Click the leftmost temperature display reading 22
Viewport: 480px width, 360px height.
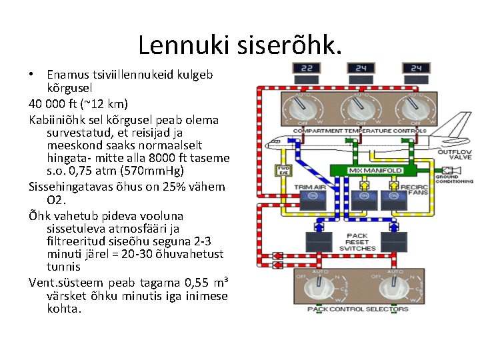click(x=307, y=69)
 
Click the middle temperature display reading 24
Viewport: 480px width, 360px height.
click(x=361, y=69)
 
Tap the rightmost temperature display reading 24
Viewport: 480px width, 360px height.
click(x=416, y=69)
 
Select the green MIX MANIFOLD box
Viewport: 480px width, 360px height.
click(x=375, y=171)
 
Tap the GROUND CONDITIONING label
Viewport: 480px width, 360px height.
click(x=455, y=179)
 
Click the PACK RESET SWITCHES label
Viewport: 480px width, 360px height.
click(x=357, y=242)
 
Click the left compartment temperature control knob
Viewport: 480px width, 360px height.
click(x=303, y=107)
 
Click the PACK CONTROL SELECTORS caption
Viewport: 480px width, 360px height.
click(x=357, y=309)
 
